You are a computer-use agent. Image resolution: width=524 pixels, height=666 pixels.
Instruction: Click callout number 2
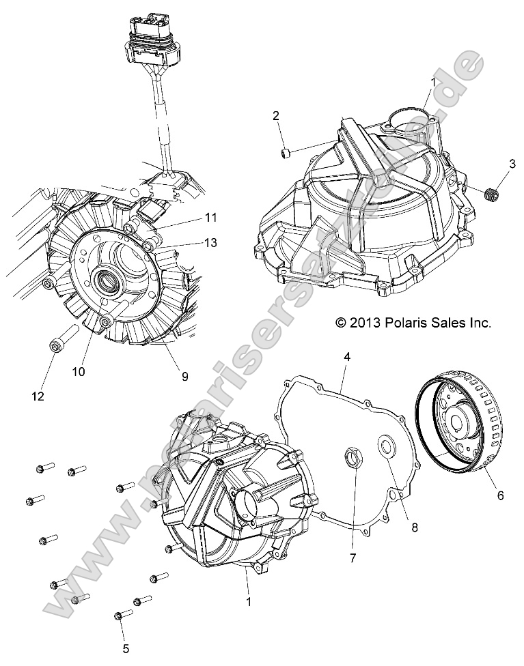click(275, 116)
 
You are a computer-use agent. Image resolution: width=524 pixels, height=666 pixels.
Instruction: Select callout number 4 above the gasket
click(347, 356)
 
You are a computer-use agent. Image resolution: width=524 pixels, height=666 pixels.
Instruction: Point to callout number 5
click(125, 648)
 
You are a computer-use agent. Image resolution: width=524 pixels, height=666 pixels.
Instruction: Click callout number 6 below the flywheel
click(500, 495)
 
